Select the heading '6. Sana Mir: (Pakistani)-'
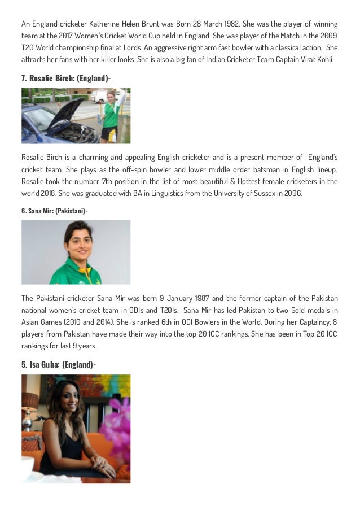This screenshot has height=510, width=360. (54, 210)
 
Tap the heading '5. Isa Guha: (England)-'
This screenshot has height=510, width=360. (59, 364)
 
